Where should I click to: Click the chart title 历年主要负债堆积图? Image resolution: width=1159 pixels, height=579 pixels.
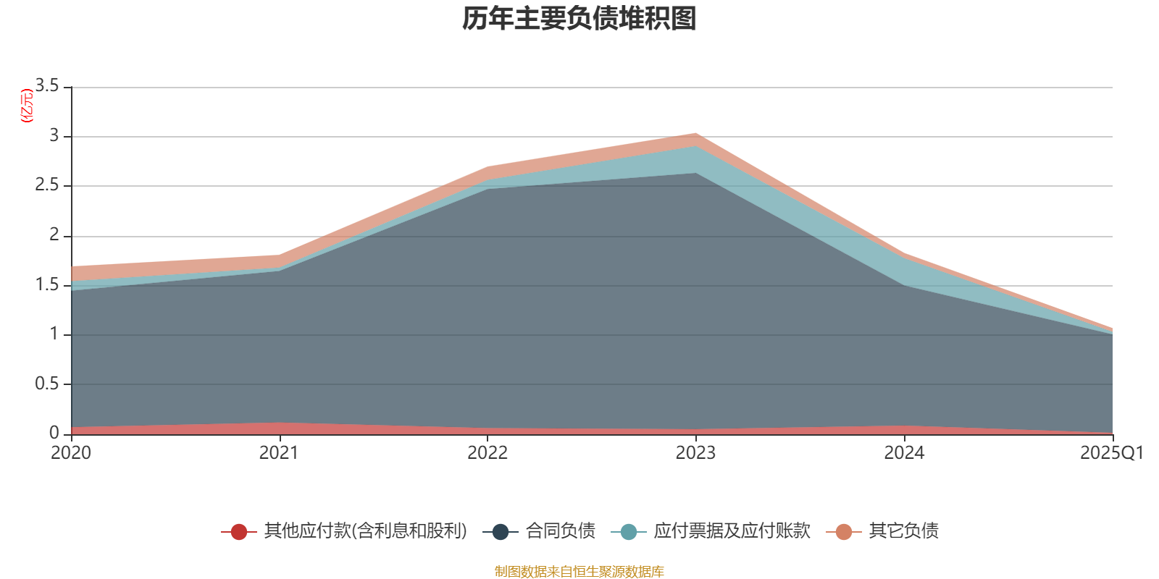(579, 19)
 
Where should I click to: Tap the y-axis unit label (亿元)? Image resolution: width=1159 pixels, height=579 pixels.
(27, 106)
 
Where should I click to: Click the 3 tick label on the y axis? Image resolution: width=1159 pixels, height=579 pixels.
(54, 136)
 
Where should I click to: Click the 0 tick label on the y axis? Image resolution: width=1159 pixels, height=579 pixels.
(54, 433)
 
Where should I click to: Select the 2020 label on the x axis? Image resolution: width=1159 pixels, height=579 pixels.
(71, 453)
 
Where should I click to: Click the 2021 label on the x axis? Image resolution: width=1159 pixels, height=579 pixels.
(279, 453)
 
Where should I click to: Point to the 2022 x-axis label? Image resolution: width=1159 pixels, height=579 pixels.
(487, 453)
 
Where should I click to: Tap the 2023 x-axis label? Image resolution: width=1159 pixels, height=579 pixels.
(695, 453)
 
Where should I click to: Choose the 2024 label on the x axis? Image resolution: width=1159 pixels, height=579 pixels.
(903, 453)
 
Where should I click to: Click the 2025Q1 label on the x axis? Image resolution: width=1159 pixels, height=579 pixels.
(1111, 453)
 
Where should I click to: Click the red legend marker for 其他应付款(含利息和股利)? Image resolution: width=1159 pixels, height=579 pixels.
(239, 532)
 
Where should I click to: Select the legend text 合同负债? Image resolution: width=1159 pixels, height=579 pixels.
(561, 531)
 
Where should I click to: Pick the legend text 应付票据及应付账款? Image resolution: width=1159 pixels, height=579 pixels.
(732, 531)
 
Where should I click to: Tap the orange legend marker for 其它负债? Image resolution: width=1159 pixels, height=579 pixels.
(844, 532)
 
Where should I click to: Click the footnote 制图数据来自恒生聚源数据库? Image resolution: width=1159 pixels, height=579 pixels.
(579, 572)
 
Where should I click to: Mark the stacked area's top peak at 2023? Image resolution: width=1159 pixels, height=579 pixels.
(695, 134)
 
